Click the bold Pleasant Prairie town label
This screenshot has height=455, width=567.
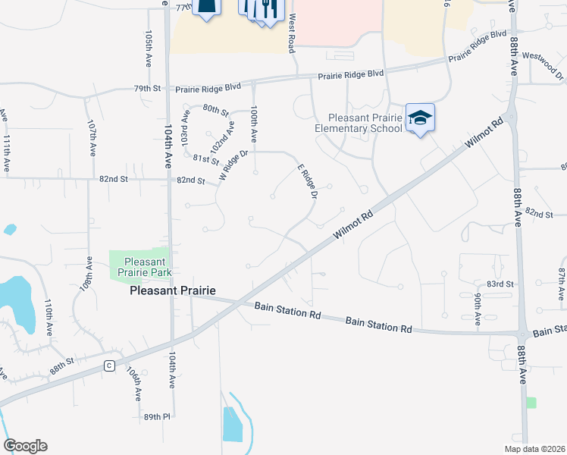(x=173, y=290)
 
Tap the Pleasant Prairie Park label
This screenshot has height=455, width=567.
(x=140, y=266)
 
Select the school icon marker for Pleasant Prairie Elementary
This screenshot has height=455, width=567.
(x=420, y=118)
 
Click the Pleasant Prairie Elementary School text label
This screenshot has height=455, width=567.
(x=359, y=123)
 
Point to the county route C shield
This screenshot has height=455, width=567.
(x=109, y=366)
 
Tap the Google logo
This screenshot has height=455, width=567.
(x=25, y=446)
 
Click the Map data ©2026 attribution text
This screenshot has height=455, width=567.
(x=534, y=449)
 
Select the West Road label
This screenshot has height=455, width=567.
(x=291, y=36)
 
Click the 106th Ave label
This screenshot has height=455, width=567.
(x=134, y=384)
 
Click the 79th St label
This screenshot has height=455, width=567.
(x=149, y=89)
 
